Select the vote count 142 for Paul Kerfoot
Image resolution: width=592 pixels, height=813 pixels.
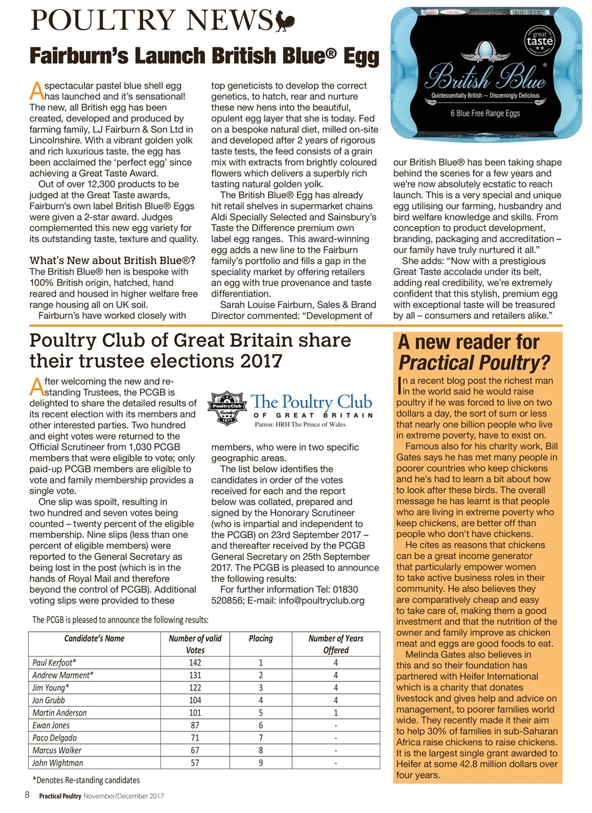coord(195,662)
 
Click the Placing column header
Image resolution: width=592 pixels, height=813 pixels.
coord(259,638)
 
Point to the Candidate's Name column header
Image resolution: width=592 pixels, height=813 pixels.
coord(93,638)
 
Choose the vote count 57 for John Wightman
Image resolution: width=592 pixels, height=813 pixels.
coord(195,762)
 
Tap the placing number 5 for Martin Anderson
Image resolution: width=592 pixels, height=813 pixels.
coord(259,713)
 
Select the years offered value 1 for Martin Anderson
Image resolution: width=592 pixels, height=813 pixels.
coord(335,713)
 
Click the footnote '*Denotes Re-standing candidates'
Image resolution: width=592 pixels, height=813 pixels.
coord(86,779)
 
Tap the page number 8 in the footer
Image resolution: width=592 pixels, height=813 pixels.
coord(27,795)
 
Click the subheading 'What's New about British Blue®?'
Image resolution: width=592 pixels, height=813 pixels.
coord(113,260)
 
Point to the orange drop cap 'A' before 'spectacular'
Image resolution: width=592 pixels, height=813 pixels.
coord(36,91)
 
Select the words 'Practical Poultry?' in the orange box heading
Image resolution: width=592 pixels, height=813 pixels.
coord(473,363)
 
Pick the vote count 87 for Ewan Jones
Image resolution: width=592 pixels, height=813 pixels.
coord(195,725)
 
